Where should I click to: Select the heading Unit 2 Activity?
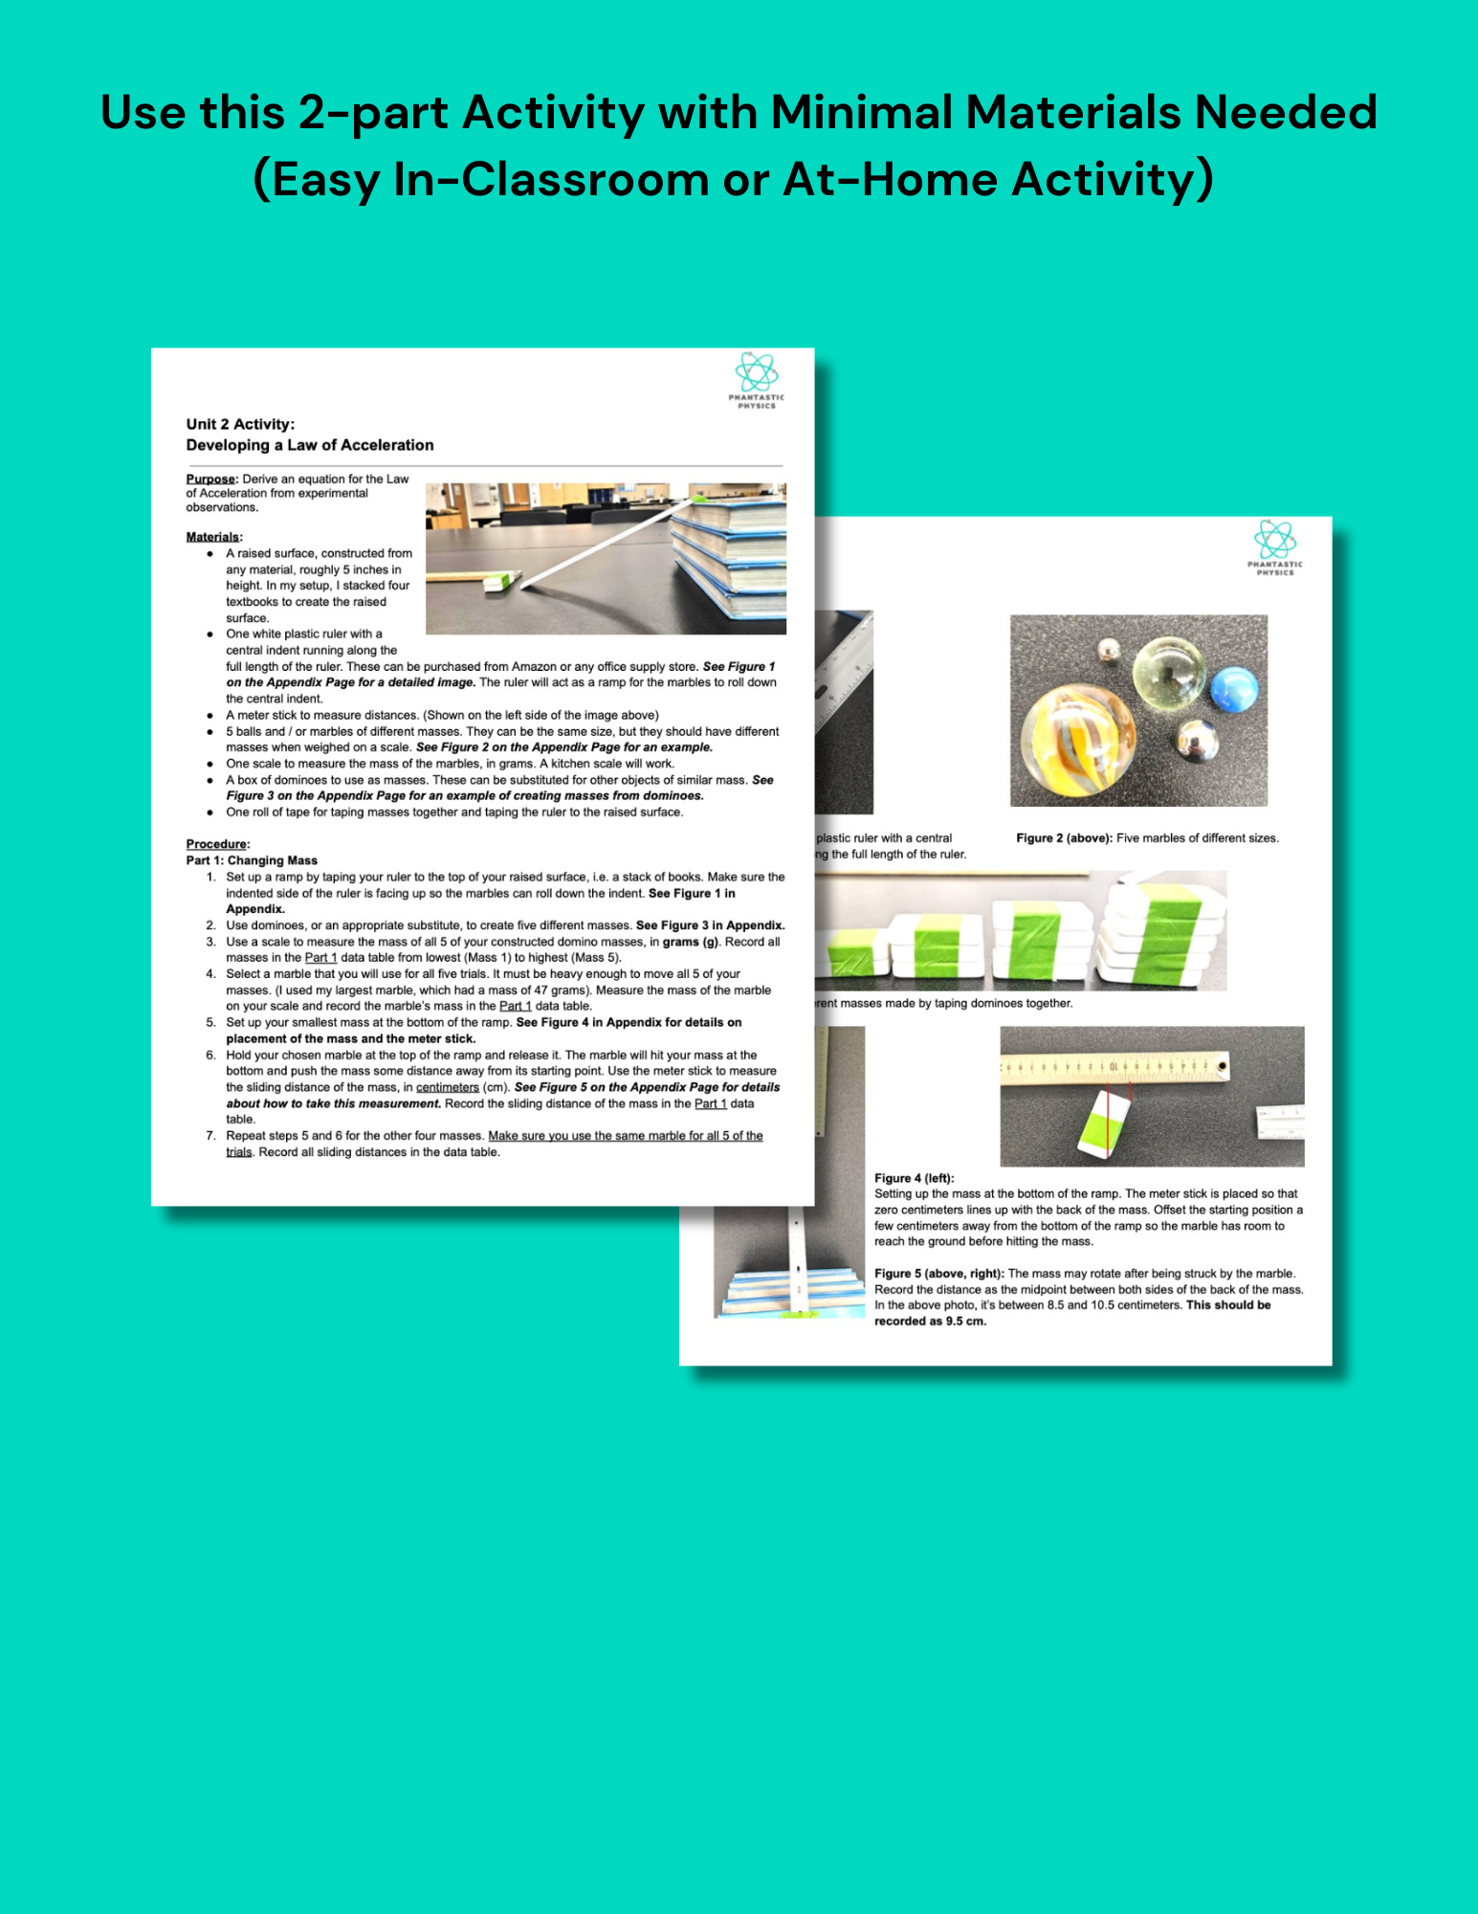pos(240,424)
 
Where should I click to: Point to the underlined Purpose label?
pos(210,478)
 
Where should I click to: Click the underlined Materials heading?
pos(213,537)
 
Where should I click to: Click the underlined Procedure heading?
pos(217,844)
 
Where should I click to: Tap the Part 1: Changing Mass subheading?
pos(252,860)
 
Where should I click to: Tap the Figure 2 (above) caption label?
pos(1064,838)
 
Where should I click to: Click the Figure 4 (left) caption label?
pos(914,1178)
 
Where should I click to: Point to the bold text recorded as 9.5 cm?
pos(929,1321)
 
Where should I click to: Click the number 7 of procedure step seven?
pos(210,1136)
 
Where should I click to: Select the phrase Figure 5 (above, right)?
pos(938,1274)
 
